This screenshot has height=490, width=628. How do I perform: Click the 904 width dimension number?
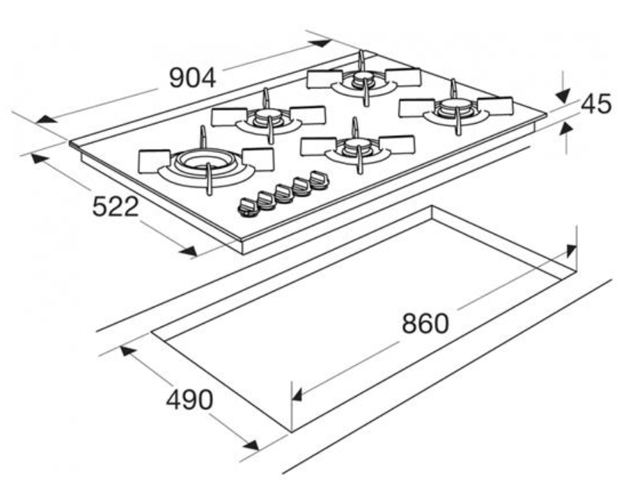193,78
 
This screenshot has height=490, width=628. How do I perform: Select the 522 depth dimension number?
116,207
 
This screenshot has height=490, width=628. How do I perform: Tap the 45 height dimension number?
597,104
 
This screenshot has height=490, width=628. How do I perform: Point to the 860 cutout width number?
425,324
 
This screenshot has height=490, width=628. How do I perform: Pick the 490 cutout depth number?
189,400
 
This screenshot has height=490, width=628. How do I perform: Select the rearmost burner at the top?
363,79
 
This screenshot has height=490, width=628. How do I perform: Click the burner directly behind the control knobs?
357,146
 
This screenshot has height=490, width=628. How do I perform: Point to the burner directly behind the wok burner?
268,116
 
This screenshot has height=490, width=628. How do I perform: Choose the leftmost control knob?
248,208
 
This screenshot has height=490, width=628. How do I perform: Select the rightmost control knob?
319,180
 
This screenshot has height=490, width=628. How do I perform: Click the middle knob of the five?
283,193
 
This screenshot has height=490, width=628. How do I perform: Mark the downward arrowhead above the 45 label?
563,97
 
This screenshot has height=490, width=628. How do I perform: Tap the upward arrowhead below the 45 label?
566,129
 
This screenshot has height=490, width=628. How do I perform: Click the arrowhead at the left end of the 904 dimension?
45,119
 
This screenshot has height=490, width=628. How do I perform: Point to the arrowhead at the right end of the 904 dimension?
322,43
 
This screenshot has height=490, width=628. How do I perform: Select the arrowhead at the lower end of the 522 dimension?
189,251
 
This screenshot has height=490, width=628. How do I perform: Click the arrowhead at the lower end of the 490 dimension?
249,444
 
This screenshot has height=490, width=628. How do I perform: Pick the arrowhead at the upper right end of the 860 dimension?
572,251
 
